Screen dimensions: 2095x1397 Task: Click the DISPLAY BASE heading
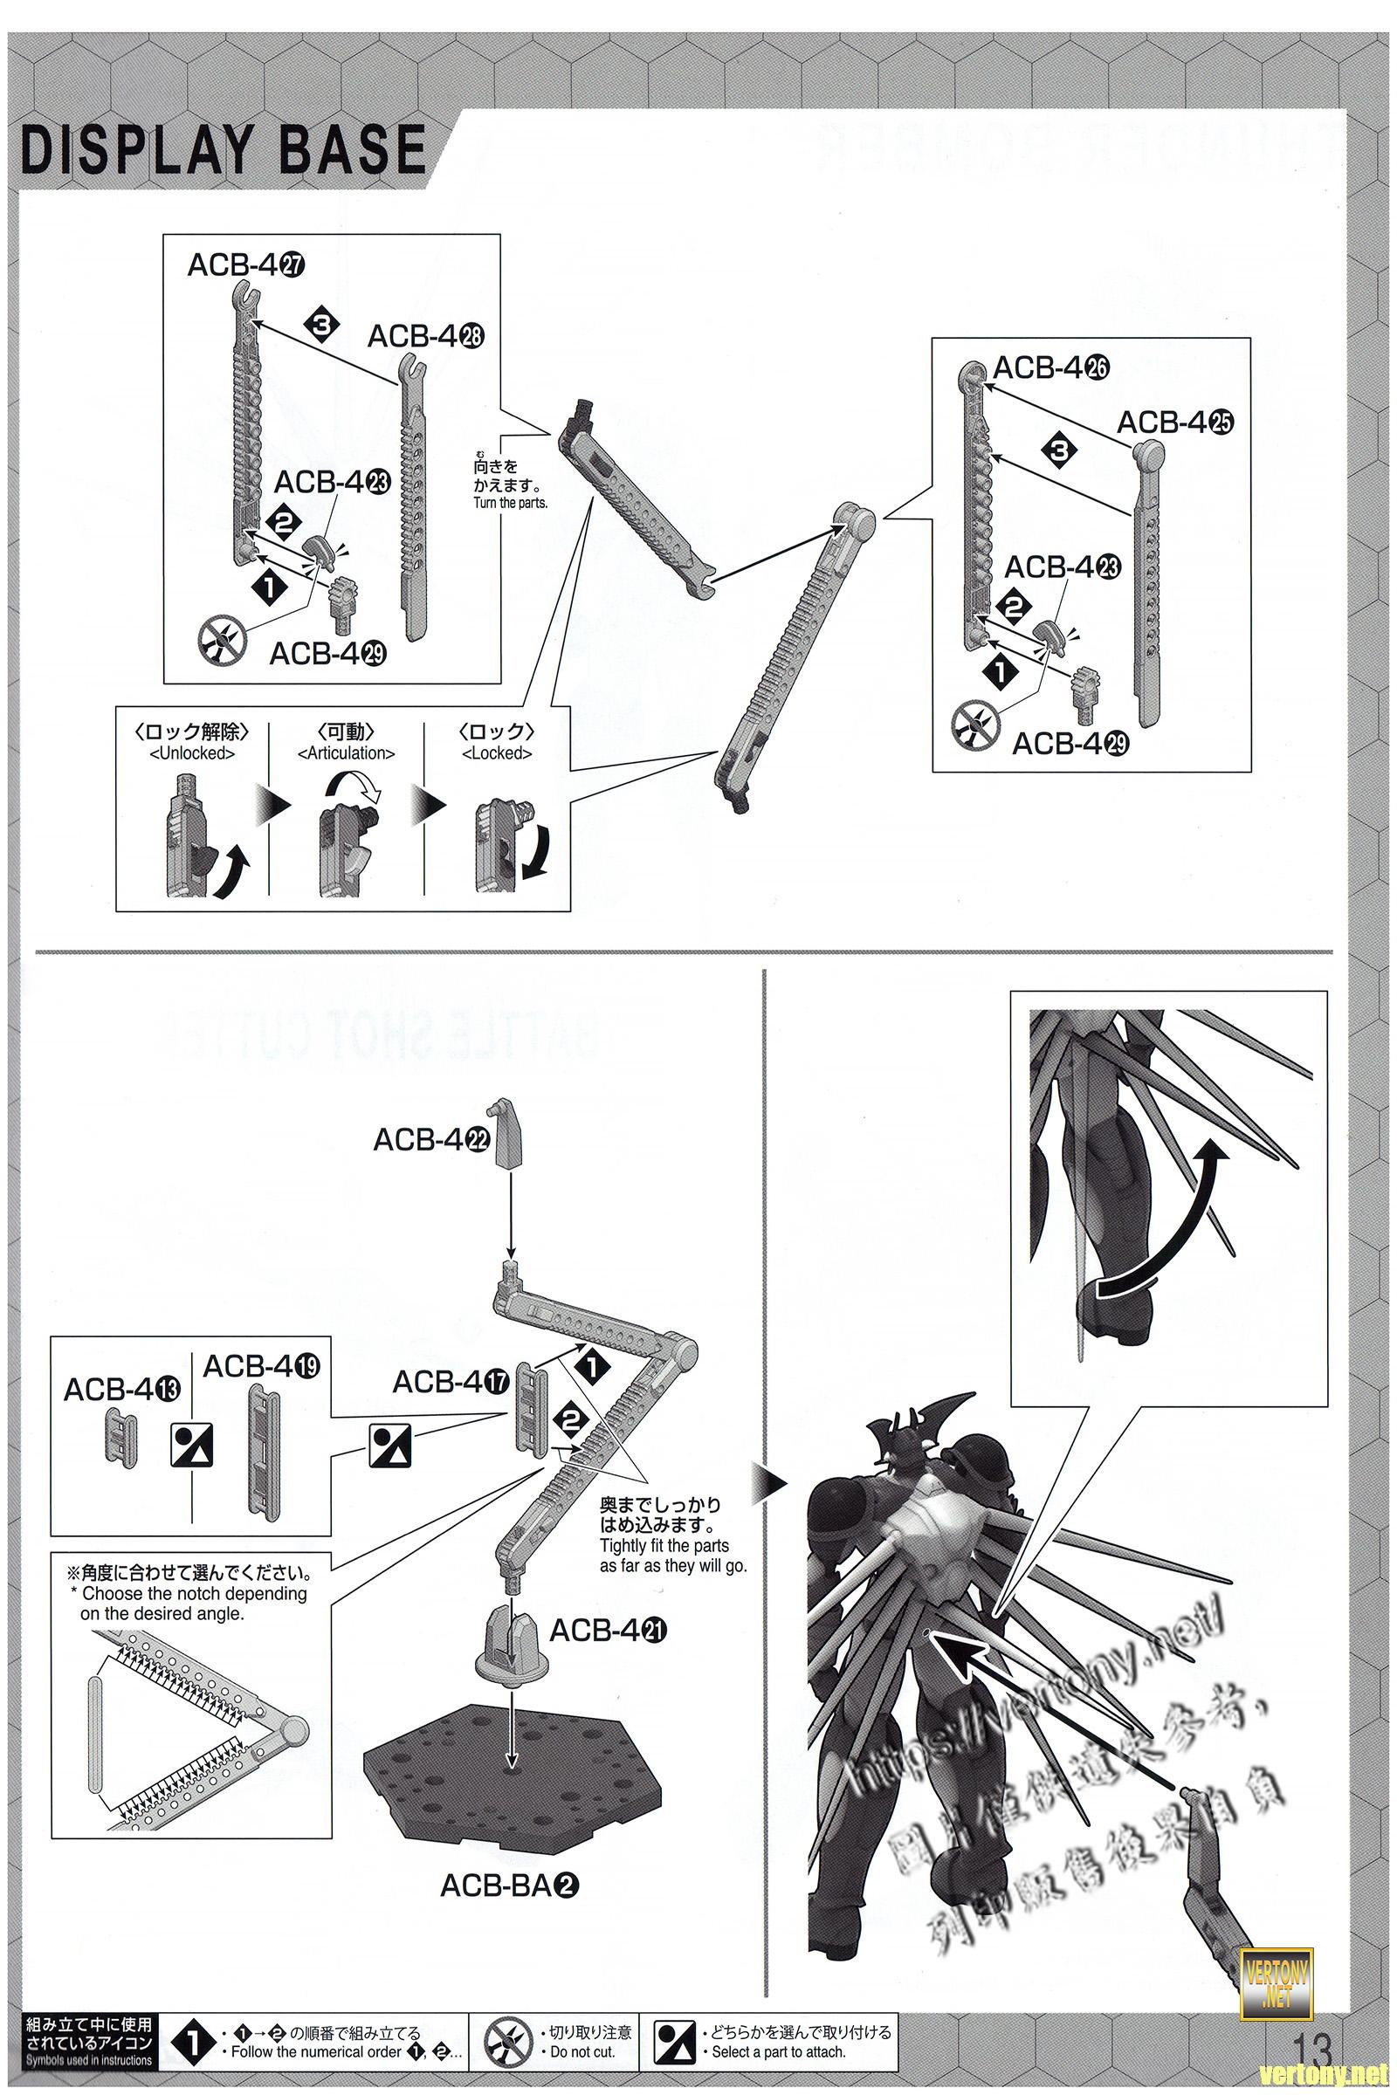tap(223, 148)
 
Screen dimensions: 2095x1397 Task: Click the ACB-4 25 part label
tap(1174, 422)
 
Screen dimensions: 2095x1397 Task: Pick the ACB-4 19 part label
tap(262, 1365)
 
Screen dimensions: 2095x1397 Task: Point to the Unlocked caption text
tap(192, 752)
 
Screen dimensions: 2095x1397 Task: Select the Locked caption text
tap(497, 752)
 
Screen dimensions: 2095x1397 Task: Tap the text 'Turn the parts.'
tap(511, 503)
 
